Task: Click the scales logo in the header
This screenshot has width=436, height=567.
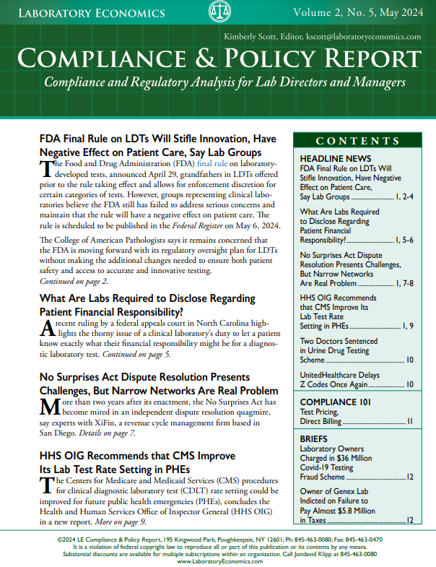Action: click(219, 12)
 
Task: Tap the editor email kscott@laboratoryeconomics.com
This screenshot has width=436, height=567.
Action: click(366, 36)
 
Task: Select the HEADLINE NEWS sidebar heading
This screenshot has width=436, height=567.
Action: click(335, 158)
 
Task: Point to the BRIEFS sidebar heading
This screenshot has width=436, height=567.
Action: click(314, 438)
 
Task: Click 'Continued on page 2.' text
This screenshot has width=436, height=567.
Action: click(73, 281)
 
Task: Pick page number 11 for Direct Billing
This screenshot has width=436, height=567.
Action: click(409, 420)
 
